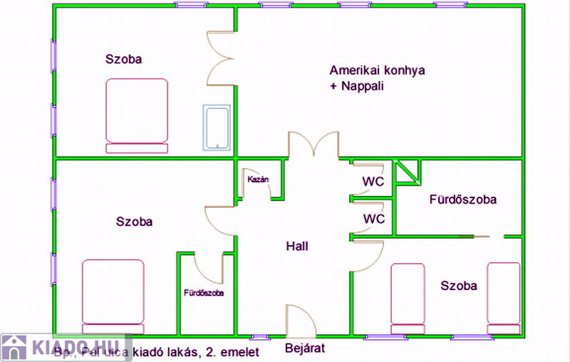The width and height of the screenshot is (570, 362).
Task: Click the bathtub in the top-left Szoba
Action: pos(217,128)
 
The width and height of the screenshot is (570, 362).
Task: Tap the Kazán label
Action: pos(258,180)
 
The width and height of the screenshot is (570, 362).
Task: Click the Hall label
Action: pos(297,247)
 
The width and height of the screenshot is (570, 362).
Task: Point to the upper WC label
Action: pos(373,182)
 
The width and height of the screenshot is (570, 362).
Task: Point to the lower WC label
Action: pos(373,218)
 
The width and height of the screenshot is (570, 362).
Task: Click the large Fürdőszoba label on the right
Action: pos(462,200)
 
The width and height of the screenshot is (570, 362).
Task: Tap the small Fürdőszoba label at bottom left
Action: pos(204,292)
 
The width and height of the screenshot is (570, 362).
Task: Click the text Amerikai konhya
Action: pos(377,71)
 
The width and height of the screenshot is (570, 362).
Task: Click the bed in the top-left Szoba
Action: pos(137,115)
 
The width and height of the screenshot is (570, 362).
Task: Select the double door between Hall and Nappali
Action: pos(313,145)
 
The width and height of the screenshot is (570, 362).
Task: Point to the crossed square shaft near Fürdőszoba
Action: pos(408,172)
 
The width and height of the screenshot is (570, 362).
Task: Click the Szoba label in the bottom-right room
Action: pos(459,286)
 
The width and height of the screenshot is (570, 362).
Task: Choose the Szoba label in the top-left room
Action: pos(123,59)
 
